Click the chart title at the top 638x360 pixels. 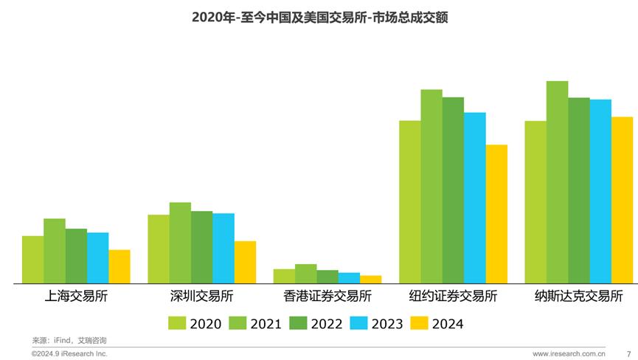(319, 16)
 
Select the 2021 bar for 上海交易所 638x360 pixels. (54, 251)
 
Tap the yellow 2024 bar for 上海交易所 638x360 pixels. (119, 266)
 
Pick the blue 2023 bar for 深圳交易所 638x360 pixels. (223, 248)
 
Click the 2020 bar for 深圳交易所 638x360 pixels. (159, 249)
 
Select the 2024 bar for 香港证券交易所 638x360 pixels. (371, 280)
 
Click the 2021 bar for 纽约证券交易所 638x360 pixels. (431, 186)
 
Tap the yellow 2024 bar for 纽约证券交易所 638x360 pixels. (496, 214)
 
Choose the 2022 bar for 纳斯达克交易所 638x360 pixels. (579, 190)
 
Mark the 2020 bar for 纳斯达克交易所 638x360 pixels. (535, 202)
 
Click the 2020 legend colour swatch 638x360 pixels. (177, 322)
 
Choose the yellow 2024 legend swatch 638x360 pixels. (418, 322)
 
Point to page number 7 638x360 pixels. (628, 354)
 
